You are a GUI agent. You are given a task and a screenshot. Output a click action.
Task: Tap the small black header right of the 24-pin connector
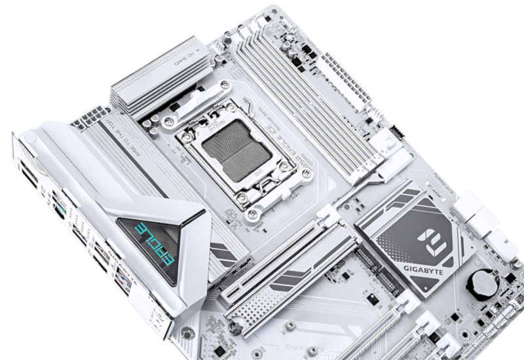[396, 130]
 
